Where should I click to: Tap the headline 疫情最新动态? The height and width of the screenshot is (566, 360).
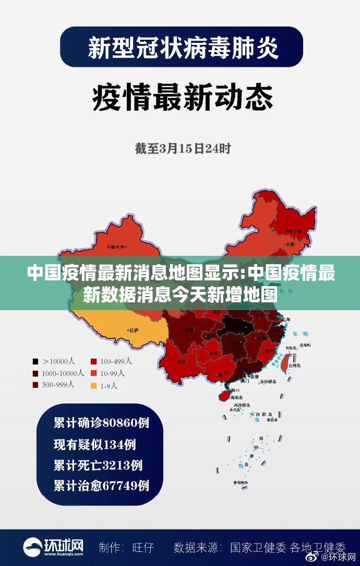coord(183,98)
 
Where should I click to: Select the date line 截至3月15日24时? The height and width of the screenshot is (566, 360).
coord(183,148)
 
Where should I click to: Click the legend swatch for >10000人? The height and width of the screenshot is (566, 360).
coord(35,361)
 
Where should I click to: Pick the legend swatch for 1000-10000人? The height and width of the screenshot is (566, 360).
coord(35,373)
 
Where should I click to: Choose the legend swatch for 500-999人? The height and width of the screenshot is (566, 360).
coord(35,385)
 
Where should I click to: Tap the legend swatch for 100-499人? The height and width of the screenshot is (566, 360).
coord(94,361)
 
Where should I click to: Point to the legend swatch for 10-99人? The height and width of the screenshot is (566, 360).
coord(94,373)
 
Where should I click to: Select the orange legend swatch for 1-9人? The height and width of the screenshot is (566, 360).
coord(94,386)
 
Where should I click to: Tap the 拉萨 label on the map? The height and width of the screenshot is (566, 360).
coord(134,330)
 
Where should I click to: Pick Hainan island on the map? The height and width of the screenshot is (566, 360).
coord(224,395)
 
